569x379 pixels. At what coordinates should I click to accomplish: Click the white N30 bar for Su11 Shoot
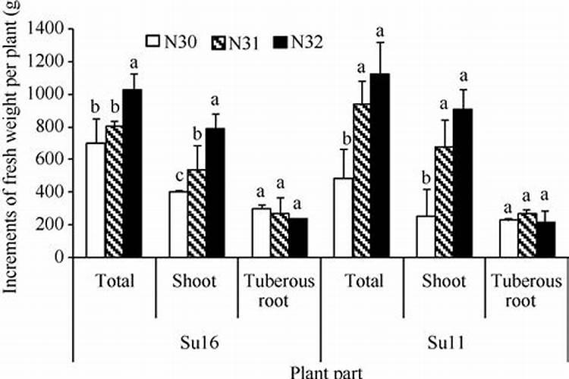coord(426,236)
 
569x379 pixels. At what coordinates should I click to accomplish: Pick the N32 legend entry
coord(297,42)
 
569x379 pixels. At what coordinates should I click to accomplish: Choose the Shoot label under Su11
coord(445,281)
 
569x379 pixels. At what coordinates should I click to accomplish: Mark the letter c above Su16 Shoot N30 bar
coord(178,177)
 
